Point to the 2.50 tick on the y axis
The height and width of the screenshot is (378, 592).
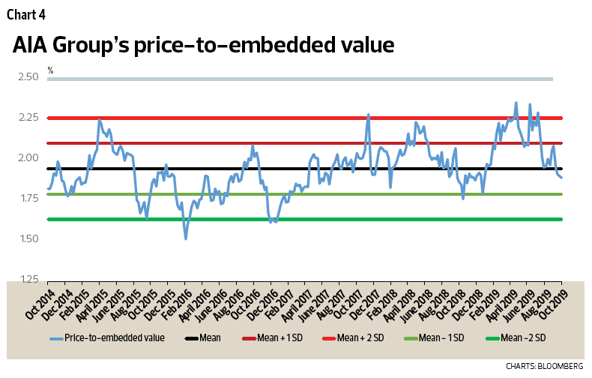point(28,76)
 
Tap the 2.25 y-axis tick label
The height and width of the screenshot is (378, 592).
point(28,117)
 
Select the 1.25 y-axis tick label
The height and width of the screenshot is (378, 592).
point(28,279)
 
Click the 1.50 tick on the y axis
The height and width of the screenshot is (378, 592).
point(28,238)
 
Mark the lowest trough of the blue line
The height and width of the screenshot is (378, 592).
point(186,238)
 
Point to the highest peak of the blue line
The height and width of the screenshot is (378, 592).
point(516,103)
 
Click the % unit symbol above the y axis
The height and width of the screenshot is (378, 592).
point(50,70)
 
